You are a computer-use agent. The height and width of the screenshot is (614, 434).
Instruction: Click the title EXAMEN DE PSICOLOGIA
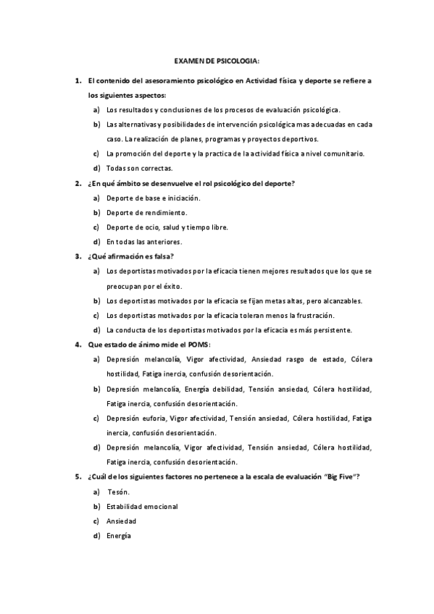click(x=217, y=64)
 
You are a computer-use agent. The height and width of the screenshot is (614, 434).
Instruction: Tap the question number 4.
click(x=78, y=344)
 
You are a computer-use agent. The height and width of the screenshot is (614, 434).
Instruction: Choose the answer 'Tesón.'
click(x=118, y=491)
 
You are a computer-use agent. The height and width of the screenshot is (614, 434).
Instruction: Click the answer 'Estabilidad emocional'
click(x=142, y=506)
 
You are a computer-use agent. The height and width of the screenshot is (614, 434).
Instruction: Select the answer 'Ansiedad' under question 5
click(x=121, y=521)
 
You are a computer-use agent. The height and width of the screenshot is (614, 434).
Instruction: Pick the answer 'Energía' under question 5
click(x=119, y=535)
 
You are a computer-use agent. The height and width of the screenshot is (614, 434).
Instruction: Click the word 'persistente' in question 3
click(x=330, y=329)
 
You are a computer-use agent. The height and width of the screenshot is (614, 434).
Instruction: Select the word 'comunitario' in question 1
click(x=341, y=153)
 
